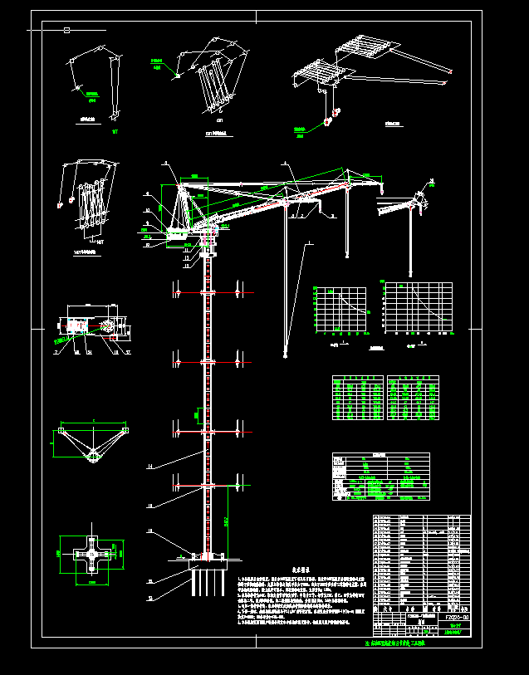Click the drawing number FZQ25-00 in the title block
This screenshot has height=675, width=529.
point(455,618)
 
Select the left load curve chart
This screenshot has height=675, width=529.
point(340,311)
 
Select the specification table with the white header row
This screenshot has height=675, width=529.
point(380,477)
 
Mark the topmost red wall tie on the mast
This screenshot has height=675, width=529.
point(207,292)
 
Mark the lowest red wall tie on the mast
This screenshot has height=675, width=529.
point(207,484)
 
